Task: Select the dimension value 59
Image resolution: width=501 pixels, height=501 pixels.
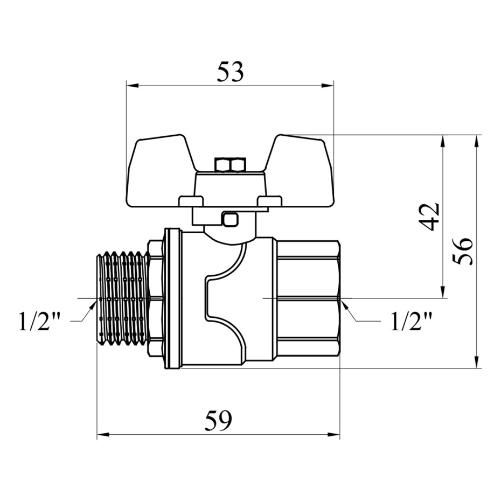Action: click(x=218, y=421)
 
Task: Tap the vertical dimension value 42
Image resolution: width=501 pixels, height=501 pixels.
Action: click(x=430, y=217)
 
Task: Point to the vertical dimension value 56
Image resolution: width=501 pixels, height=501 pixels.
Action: click(x=462, y=251)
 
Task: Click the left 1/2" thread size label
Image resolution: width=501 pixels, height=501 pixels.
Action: click(x=40, y=322)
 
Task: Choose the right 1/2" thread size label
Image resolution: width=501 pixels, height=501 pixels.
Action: click(x=412, y=322)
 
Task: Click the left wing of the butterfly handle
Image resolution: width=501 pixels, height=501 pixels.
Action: click(x=160, y=171)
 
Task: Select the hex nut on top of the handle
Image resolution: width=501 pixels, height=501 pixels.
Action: click(x=231, y=165)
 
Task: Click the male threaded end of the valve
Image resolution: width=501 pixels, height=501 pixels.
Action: click(x=122, y=299)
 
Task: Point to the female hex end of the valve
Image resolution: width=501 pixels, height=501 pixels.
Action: click(x=308, y=299)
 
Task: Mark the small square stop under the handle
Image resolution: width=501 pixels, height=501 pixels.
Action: click(x=231, y=219)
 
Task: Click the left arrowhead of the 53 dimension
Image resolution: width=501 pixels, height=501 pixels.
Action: click(x=133, y=85)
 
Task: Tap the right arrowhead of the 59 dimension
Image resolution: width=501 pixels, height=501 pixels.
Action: click(x=333, y=435)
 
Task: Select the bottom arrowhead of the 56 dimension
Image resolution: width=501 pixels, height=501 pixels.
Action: click(x=476, y=361)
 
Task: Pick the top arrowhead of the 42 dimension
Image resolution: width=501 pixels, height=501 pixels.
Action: click(x=442, y=141)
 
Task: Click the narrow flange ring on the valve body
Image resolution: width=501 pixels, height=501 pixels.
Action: click(x=172, y=298)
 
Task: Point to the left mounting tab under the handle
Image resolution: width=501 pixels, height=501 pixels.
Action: click(x=191, y=201)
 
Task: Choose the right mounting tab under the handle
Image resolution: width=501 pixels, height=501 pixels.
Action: click(x=270, y=201)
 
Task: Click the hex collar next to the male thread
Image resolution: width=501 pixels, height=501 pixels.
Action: click(x=156, y=299)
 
